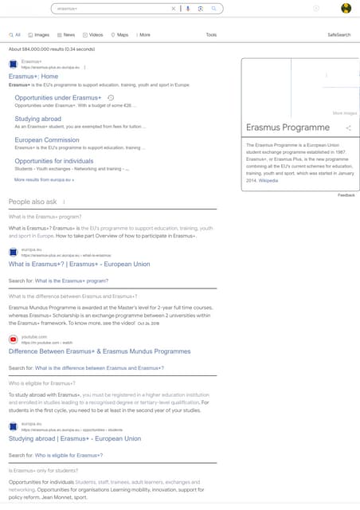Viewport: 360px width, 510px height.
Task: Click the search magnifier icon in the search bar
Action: pyautogui.click(x=213, y=8)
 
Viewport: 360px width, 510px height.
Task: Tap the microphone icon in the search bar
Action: pyautogui.click(x=188, y=8)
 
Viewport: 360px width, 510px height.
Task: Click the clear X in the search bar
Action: pyautogui.click(x=174, y=8)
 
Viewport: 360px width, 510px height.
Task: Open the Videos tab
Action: pyautogui.click(x=93, y=35)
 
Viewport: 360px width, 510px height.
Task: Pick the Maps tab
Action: pyautogui.click(x=120, y=35)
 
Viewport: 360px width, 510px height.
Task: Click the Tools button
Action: pyautogui.click(x=211, y=35)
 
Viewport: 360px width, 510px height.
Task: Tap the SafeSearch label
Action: pyautogui.click(x=338, y=35)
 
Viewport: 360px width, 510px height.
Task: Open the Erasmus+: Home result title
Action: pyautogui.click(x=39, y=76)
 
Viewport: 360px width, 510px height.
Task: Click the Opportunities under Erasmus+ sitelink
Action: pyautogui.click(x=64, y=97)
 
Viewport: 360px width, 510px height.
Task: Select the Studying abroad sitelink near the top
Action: pyautogui.click(x=38, y=119)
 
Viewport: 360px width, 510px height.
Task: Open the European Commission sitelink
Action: pyautogui.click(x=47, y=140)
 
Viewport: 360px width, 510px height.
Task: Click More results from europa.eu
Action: pyautogui.click(x=44, y=180)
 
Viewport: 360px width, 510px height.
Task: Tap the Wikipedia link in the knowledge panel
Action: pyautogui.click(x=268, y=181)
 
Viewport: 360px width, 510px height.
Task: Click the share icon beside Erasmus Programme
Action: pyautogui.click(x=348, y=127)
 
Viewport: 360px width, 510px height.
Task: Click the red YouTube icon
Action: pyautogui.click(x=13, y=339)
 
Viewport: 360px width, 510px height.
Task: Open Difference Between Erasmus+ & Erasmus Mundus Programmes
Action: pyautogui.click(x=100, y=351)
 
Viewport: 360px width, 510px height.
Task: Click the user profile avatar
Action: pyautogui.click(x=346, y=8)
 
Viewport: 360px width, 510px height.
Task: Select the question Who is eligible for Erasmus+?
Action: pyautogui.click(x=42, y=383)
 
